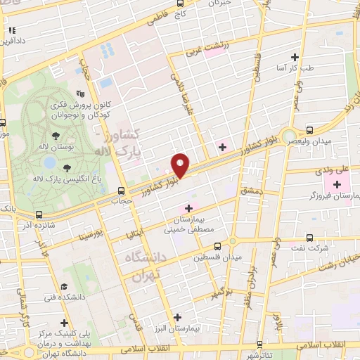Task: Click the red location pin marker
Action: pos(181,165)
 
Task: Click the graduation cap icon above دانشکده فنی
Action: pos(64,287)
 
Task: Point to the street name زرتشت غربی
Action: pos(208,48)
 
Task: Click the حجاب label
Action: pos(122,201)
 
